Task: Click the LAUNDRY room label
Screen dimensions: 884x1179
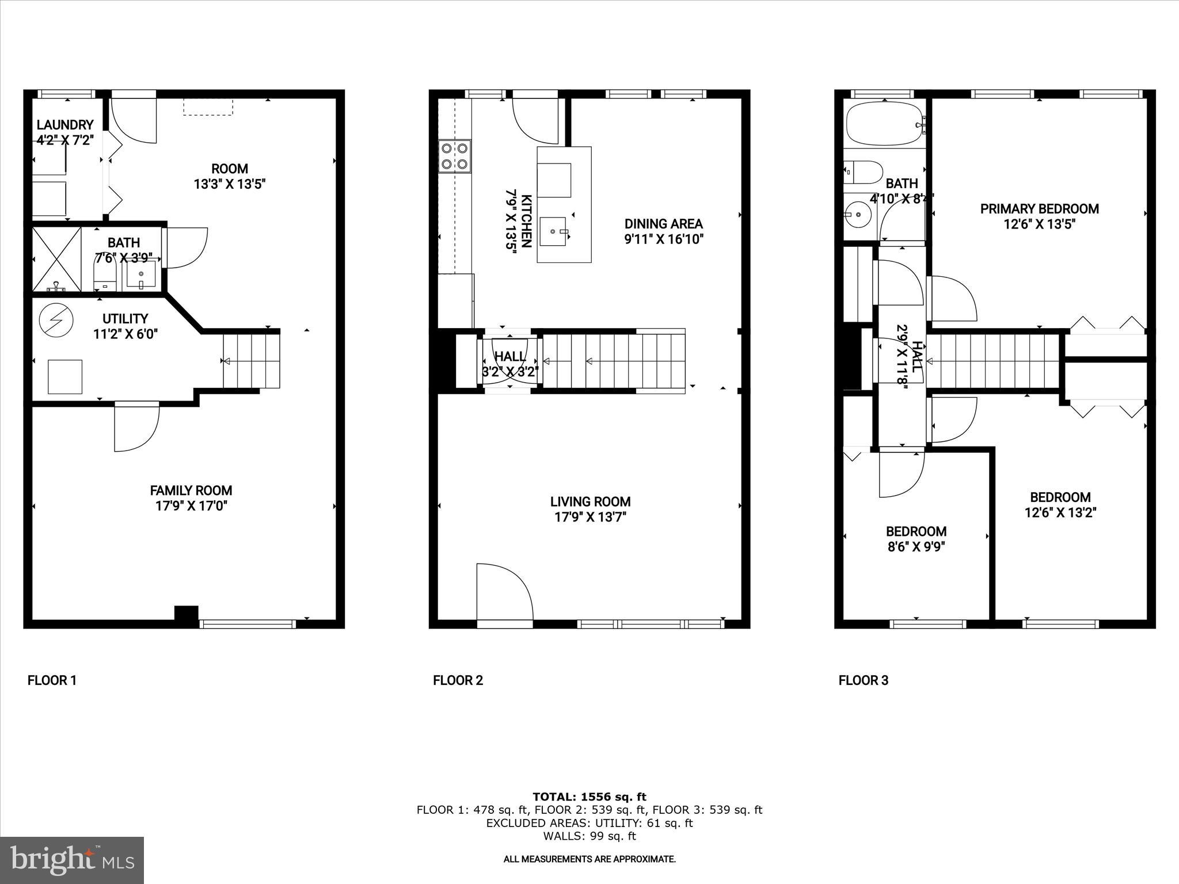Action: point(64,125)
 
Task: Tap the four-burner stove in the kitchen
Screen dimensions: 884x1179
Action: point(455,156)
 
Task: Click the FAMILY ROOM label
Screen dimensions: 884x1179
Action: point(191,490)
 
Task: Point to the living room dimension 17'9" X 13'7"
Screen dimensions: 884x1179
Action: point(590,517)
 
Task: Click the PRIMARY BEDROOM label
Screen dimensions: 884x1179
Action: point(1039,209)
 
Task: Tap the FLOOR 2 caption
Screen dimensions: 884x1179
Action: point(458,680)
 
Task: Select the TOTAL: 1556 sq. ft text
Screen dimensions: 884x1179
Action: point(589,797)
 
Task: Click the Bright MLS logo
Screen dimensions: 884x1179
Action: point(72,860)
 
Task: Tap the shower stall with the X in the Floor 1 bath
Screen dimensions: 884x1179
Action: point(56,260)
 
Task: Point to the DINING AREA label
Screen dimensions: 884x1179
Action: point(663,223)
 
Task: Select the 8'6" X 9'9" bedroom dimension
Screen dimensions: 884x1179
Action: point(916,546)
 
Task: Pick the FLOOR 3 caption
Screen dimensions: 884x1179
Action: point(863,680)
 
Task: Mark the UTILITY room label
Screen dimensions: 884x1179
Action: point(125,318)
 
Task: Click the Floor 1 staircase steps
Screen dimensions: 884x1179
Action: point(252,361)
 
